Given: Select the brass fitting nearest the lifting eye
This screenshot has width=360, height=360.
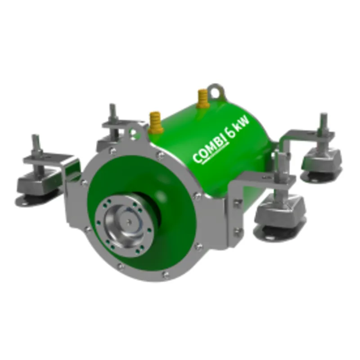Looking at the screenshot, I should click(x=202, y=96).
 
